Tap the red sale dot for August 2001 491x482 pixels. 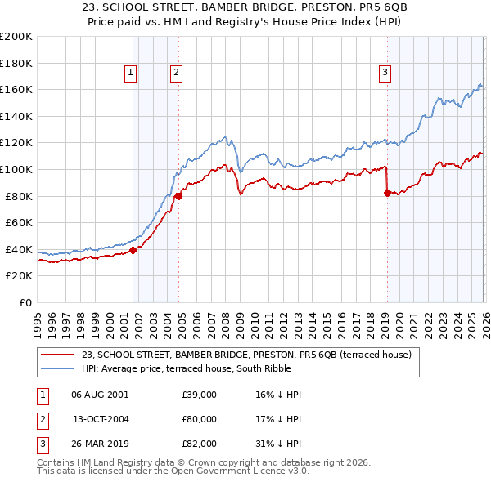tap(133, 250)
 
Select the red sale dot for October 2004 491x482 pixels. tap(178, 195)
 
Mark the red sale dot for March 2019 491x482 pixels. tap(386, 193)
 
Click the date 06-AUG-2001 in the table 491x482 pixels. tap(100, 395)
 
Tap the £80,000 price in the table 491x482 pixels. tap(200, 419)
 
